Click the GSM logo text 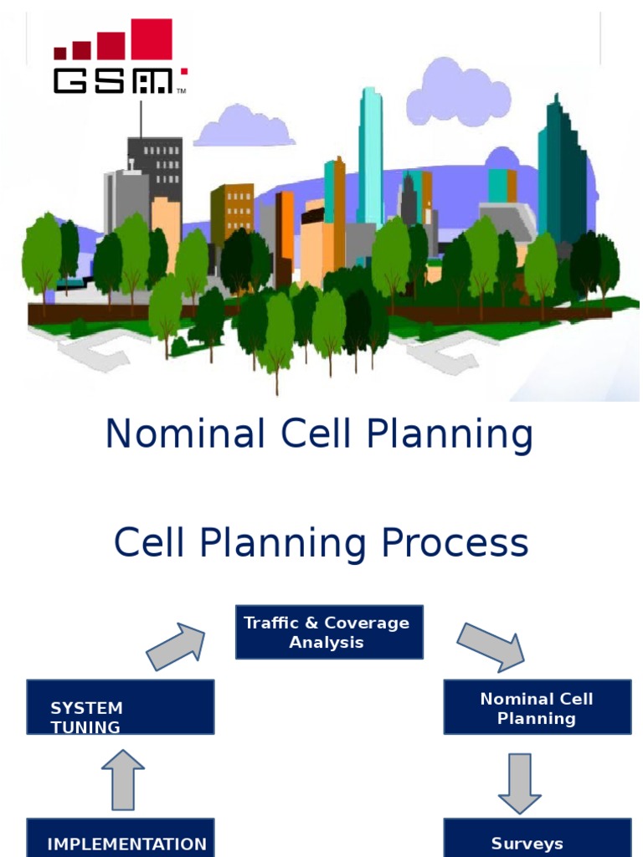(x=113, y=80)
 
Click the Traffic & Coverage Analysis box (x=329, y=633)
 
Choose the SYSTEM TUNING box (x=120, y=707)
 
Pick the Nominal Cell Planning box (x=537, y=708)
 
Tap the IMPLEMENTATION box (x=120, y=839)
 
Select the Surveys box (x=537, y=839)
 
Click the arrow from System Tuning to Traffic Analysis (x=176, y=647)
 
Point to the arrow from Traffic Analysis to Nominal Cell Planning (x=491, y=646)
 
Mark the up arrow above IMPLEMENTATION (x=123, y=780)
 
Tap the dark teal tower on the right (x=559, y=167)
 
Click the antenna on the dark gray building (x=141, y=119)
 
